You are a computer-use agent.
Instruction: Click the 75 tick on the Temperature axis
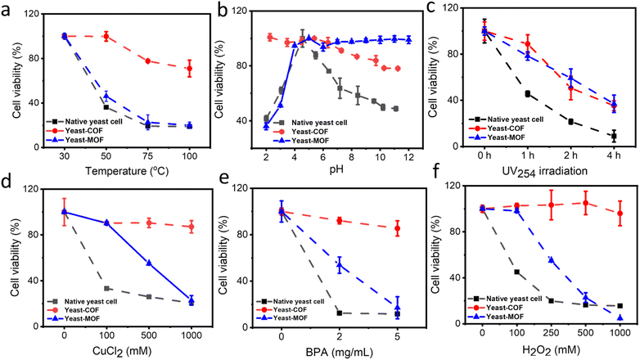(148, 155)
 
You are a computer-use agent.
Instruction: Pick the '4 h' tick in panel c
(613, 155)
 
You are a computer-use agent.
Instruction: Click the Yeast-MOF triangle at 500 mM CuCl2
(149, 263)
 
